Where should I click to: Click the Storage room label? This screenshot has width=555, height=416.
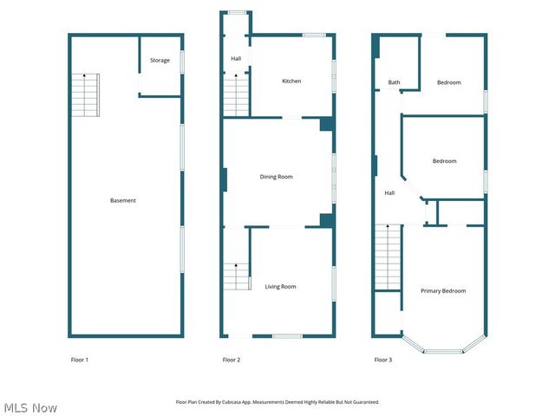coord(160,61)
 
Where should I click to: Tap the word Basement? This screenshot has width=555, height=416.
coord(123,201)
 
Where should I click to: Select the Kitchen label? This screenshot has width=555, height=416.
coord(291,81)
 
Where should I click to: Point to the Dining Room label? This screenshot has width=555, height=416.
coord(277,177)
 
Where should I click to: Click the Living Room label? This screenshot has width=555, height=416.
coord(280,287)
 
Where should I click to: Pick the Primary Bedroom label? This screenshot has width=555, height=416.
coord(443,291)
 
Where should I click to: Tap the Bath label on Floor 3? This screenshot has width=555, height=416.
coord(394,83)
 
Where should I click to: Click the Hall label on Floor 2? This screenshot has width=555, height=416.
coord(236,59)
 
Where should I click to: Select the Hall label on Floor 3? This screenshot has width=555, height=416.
coord(389,193)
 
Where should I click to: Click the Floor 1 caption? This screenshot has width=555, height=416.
coord(80,360)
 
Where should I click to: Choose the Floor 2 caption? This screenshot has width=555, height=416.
coord(232,360)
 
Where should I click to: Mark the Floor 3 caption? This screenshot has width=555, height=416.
coord(383,360)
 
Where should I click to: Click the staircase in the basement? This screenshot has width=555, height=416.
coord(86,95)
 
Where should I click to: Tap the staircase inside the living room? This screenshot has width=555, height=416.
coord(237,277)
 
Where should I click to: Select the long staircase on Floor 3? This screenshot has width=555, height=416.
coord(388,258)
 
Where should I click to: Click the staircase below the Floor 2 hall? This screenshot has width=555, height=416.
coord(237,95)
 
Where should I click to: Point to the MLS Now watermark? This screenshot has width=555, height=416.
coord(30,407)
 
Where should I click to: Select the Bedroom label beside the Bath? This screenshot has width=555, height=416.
coord(448,83)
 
